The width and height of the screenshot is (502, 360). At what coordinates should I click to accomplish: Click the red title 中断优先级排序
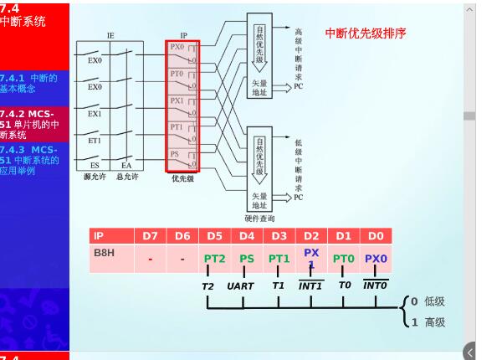(366, 33)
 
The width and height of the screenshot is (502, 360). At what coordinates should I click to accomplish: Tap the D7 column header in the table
(150, 236)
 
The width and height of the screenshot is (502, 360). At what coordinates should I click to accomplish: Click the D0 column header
(376, 236)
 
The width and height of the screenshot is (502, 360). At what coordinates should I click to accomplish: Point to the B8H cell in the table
(104, 251)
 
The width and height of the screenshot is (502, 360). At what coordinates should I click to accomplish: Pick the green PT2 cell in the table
(215, 259)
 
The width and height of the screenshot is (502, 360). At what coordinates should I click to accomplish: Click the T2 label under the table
(208, 285)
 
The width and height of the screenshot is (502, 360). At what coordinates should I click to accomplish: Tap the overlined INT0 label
(375, 285)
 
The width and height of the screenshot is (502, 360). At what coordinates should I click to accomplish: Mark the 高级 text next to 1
(434, 322)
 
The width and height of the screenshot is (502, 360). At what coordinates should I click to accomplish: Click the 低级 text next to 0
(434, 301)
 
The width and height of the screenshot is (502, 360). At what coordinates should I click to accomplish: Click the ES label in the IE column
(95, 166)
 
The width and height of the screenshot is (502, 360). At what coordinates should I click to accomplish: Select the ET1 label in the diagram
(95, 141)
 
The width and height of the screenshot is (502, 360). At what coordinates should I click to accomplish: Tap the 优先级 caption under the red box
(183, 178)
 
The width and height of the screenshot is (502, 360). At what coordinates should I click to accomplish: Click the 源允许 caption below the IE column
(94, 177)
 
